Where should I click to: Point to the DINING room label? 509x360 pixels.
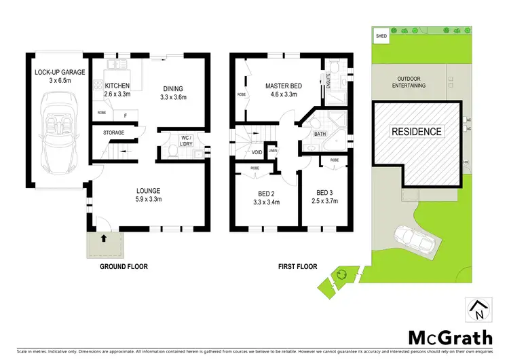173,92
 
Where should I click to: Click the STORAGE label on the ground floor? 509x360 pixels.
114,132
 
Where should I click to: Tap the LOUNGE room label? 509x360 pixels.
148,194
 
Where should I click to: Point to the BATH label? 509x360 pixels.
320,134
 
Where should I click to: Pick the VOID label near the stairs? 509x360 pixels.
257,152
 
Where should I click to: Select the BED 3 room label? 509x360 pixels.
322,196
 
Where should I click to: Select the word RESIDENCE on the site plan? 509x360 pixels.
415,132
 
